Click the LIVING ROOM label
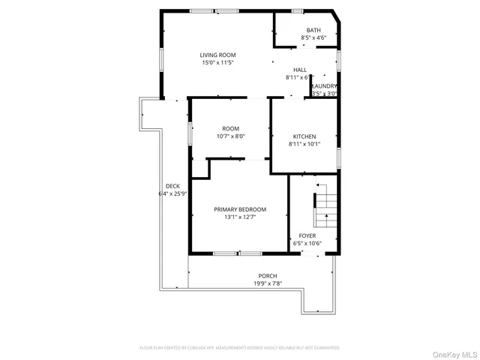(217, 55)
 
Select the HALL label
(300, 70)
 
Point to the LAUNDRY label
(324, 86)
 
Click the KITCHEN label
(304, 136)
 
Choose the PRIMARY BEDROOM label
(239, 209)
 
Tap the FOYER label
(307, 235)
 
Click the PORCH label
(267, 276)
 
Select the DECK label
(172, 186)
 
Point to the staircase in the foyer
(325, 211)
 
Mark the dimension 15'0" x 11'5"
(217, 63)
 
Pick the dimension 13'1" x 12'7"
(239, 217)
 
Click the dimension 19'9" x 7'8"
(267, 283)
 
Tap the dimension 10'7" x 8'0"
(230, 136)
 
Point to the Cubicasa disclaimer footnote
(240, 348)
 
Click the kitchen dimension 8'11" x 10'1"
(304, 144)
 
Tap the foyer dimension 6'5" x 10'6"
(307, 244)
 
